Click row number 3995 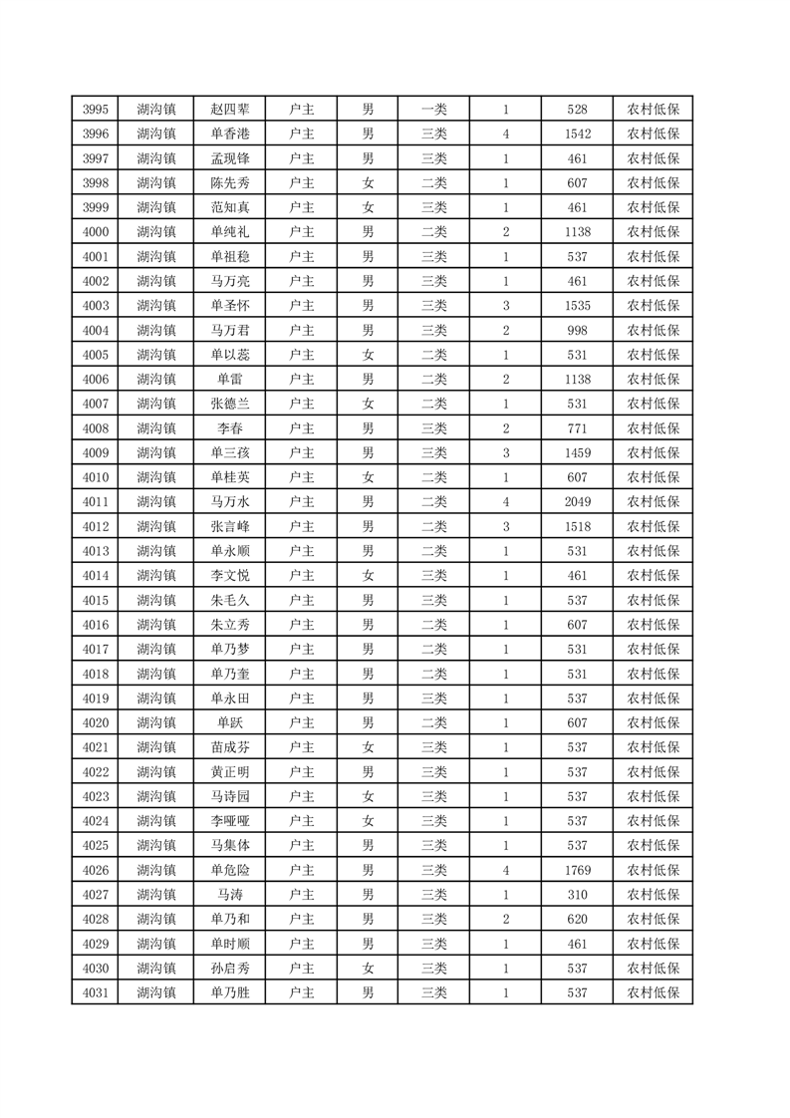click(96, 110)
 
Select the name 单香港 click(230, 135)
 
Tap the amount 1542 click(577, 135)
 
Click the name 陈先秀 click(230, 183)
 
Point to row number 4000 click(96, 232)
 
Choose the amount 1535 click(577, 306)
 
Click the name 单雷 click(230, 380)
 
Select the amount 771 click(577, 428)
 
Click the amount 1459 click(577, 453)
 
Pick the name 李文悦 click(230, 576)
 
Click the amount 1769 click(577, 870)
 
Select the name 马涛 click(230, 895)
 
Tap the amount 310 click(577, 895)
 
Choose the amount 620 click(577, 919)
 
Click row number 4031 click(96, 992)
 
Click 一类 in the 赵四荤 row click(434, 110)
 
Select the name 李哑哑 click(230, 821)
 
